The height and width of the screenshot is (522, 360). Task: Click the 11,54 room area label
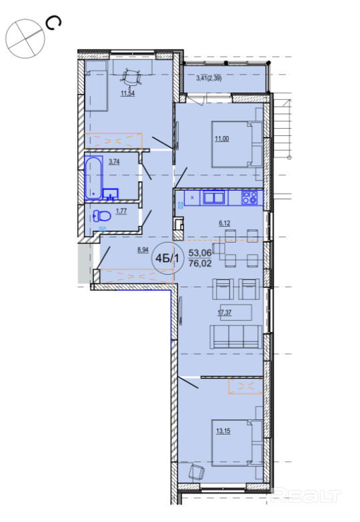(127, 93)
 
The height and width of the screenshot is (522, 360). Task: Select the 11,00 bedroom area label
(222, 139)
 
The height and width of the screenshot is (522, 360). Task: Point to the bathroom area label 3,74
(114, 162)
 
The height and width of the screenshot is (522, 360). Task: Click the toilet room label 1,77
(121, 211)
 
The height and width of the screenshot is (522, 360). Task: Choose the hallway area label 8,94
(143, 250)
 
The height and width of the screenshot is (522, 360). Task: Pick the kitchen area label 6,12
(225, 223)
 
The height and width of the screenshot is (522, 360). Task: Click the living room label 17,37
(225, 313)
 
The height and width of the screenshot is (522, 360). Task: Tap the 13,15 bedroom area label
(223, 431)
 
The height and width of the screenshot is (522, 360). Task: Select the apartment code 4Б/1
(167, 259)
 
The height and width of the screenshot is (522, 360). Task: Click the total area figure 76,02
(200, 263)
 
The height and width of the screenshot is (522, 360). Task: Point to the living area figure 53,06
(200, 253)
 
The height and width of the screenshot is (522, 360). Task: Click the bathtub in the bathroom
(93, 177)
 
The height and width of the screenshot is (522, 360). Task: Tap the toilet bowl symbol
(102, 216)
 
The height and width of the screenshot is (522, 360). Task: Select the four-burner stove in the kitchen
(249, 197)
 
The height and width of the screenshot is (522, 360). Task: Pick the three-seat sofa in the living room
(235, 337)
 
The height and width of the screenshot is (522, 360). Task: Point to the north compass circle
(25, 38)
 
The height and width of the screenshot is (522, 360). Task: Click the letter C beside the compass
(53, 23)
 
